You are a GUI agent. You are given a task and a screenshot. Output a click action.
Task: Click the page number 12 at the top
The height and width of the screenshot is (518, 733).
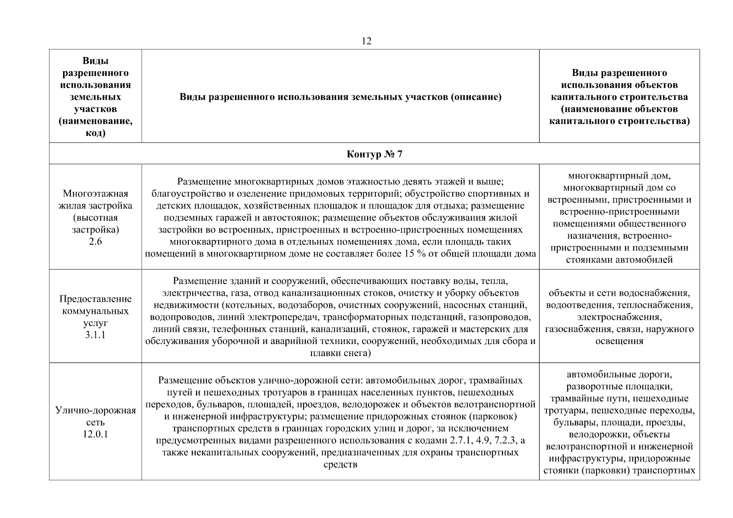coord(366,41)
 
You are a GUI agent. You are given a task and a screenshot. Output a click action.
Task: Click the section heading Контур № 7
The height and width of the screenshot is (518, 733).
coord(374,154)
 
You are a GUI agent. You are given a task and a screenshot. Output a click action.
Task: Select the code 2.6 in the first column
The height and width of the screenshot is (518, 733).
coord(95,241)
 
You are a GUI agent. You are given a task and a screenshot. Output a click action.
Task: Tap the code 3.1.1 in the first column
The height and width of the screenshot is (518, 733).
coord(95,335)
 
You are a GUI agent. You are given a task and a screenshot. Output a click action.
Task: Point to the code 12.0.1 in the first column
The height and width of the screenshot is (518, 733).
coord(95,434)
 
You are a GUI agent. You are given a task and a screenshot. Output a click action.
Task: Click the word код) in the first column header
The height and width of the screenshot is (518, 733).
coord(95,133)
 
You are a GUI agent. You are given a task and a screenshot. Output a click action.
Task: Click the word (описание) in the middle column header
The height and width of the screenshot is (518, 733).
coord(476,97)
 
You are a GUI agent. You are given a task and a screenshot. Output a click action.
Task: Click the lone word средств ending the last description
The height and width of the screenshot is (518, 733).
coord(340,465)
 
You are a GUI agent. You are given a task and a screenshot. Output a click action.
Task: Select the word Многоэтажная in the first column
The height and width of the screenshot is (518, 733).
coord(95,193)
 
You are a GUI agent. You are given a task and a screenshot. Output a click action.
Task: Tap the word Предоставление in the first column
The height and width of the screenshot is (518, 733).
coord(95,299)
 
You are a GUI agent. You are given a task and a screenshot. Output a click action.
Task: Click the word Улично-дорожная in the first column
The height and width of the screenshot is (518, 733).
coord(95,410)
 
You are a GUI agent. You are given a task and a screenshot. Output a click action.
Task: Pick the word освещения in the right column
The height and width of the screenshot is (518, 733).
coord(619,341)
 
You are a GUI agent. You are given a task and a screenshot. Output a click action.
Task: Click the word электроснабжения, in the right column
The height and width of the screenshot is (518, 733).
coord(619,317)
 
